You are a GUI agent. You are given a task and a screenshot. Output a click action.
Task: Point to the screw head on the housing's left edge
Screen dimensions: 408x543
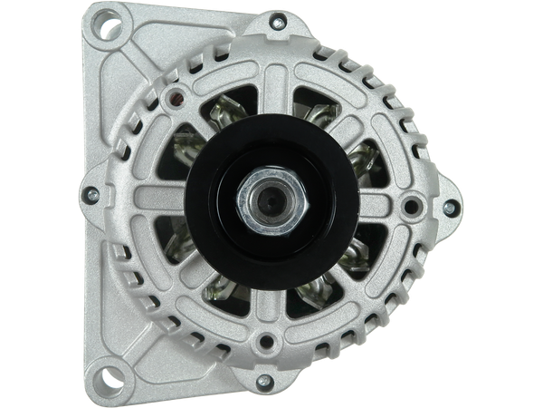92,192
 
